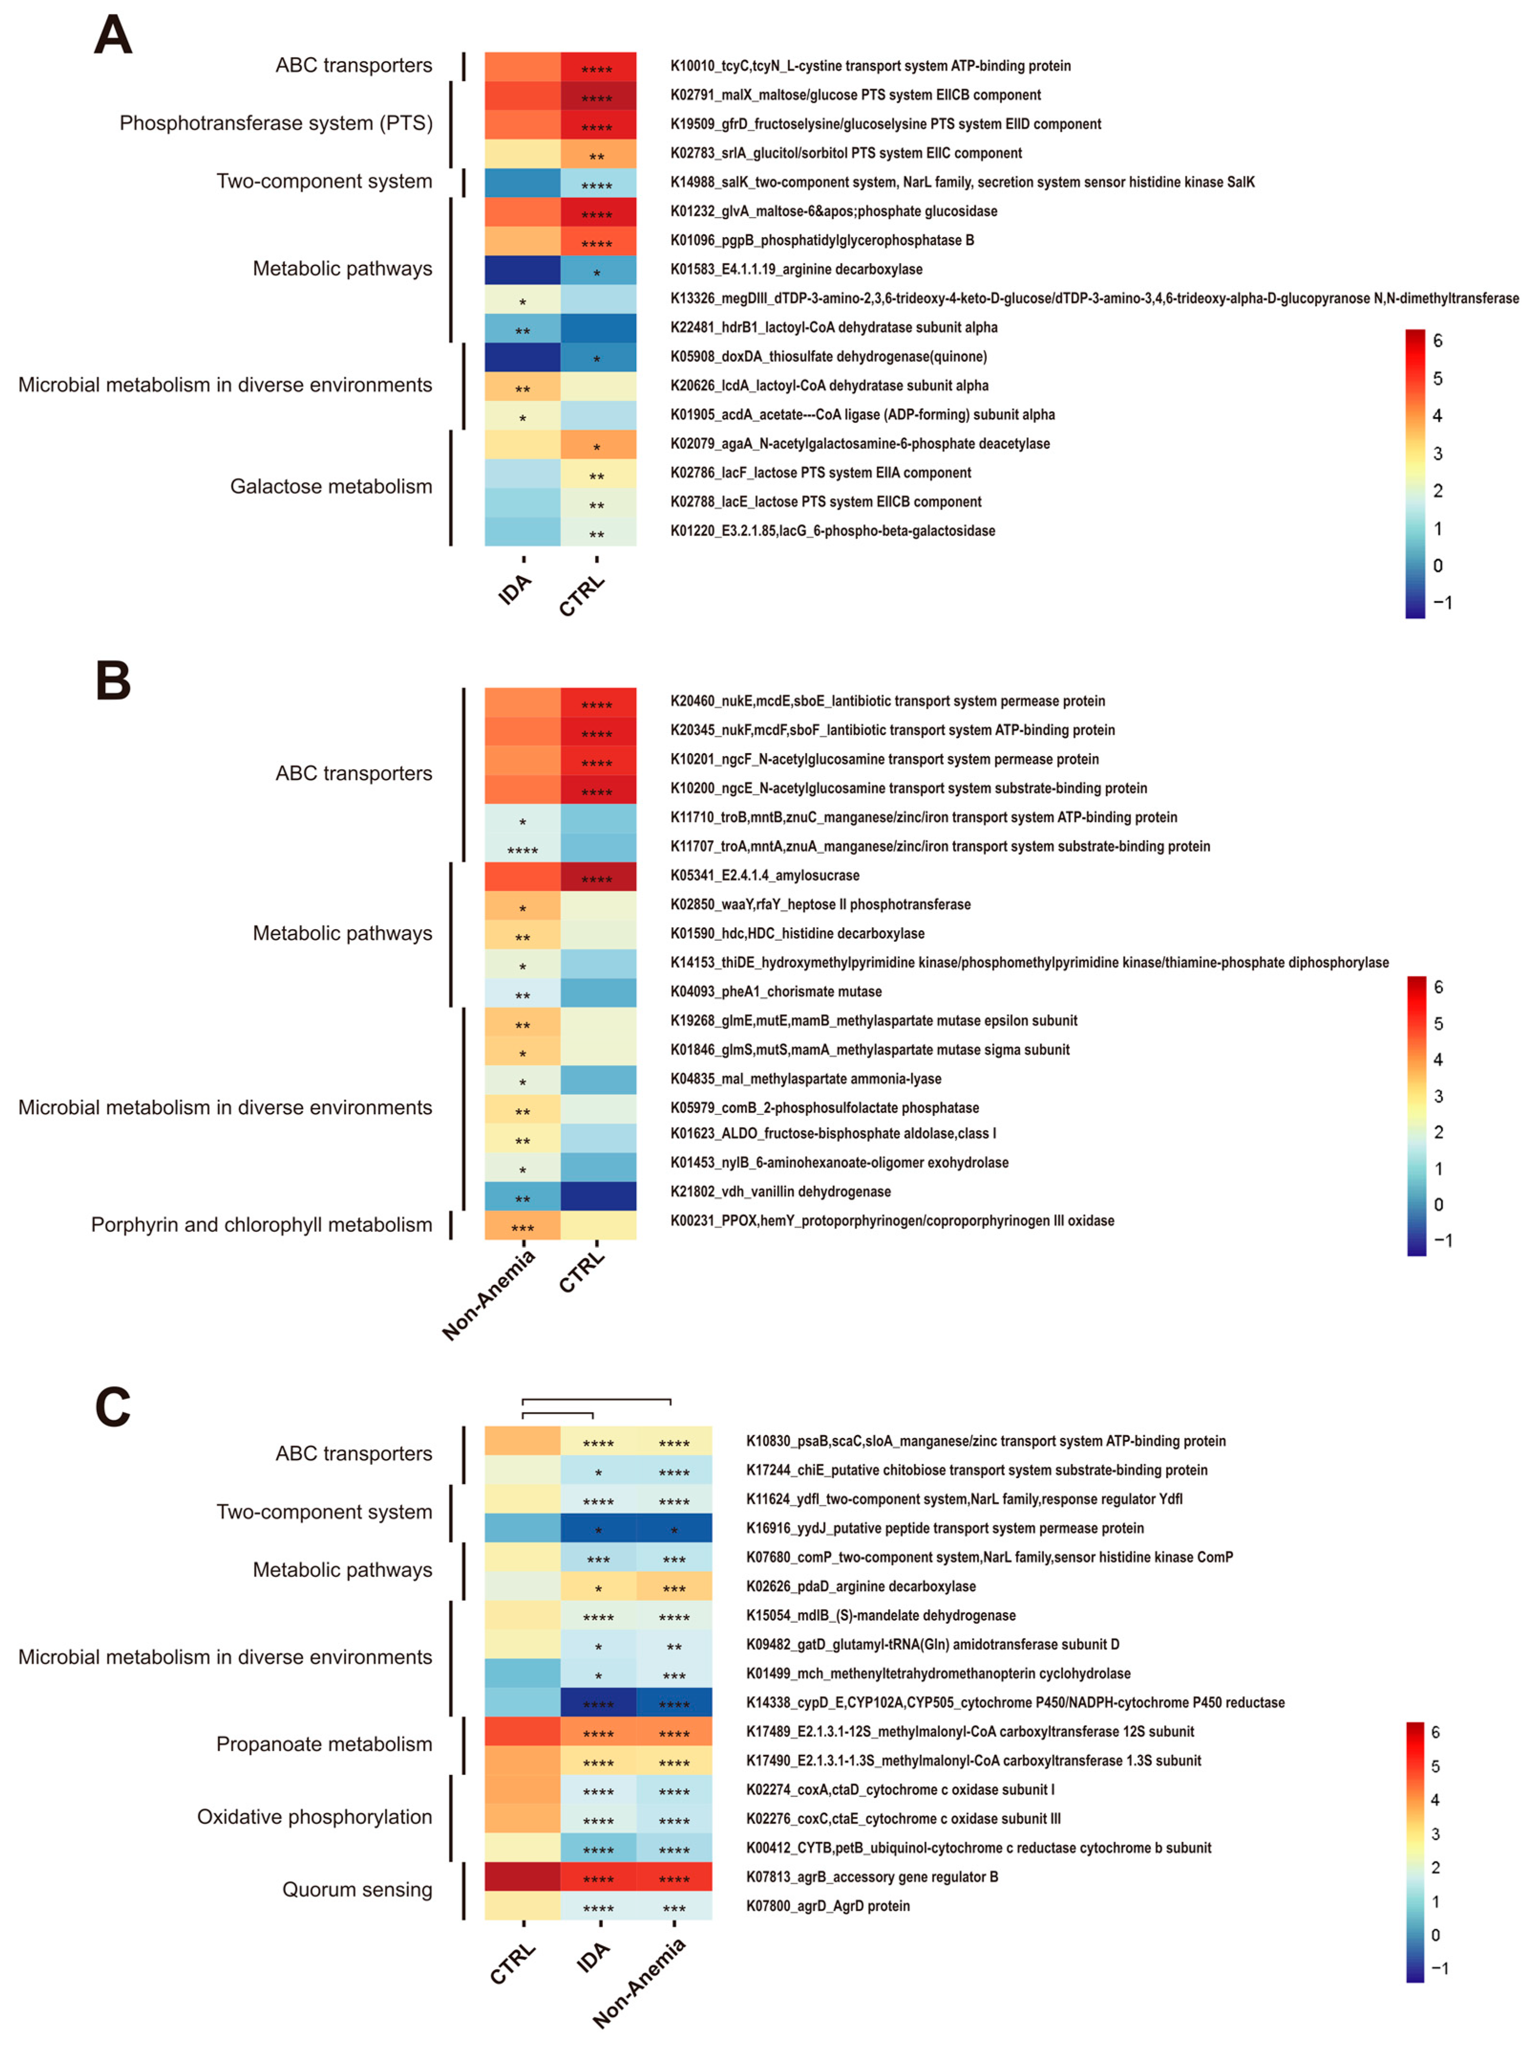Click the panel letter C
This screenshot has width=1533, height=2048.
point(113,1407)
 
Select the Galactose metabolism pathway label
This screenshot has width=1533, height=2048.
point(331,486)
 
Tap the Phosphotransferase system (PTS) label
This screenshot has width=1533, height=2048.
point(276,123)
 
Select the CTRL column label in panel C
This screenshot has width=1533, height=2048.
point(512,1963)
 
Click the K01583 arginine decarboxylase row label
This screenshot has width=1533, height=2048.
point(796,270)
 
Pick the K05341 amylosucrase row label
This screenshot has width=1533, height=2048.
point(764,875)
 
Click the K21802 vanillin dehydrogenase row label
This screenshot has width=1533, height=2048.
point(780,1192)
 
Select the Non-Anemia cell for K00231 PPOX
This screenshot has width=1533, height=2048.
point(522,1225)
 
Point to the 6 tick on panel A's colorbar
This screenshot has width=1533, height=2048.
point(1437,341)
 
